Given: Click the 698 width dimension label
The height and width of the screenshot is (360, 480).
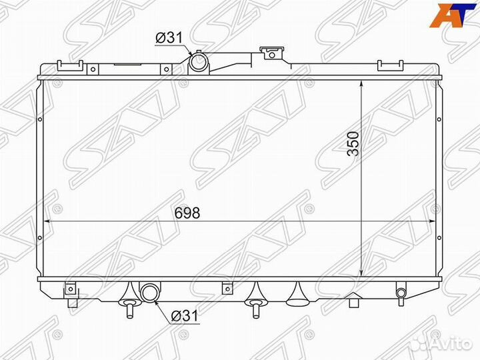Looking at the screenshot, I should point(187,213).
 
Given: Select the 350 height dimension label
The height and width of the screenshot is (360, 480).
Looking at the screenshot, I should point(353,144).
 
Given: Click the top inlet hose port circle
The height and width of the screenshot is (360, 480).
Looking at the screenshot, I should point(199,63).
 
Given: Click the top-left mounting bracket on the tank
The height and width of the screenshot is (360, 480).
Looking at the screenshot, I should point(69,65).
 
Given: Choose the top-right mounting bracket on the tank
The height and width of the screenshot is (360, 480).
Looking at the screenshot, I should point(388,65).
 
